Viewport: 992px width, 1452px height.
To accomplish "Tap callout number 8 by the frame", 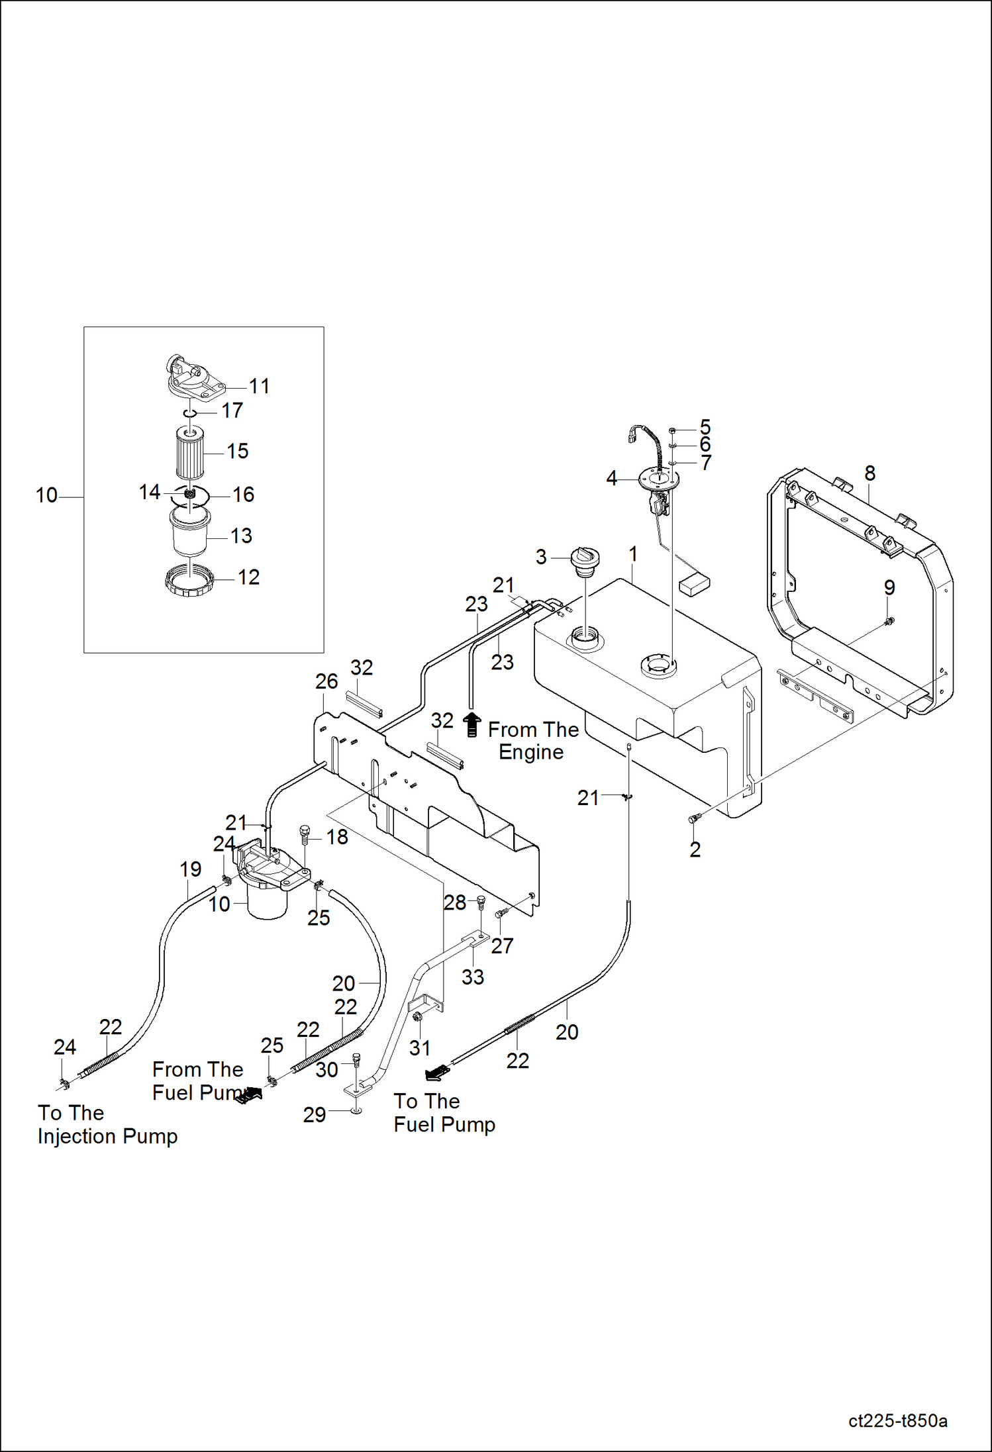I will point(869,473).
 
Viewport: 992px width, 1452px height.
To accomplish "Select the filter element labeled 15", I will point(190,454).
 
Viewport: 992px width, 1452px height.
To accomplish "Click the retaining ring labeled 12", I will point(189,580).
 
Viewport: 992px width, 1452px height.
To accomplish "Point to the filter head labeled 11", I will point(192,379).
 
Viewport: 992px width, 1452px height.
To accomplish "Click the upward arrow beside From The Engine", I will point(471,724).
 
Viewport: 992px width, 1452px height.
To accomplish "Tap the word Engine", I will point(530,752).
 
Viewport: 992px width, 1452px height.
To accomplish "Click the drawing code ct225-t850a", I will point(897,1421).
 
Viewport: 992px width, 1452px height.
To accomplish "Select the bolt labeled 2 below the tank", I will point(694,818).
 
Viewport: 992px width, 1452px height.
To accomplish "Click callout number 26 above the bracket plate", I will point(326,681).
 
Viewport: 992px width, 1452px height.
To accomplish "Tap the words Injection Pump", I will point(107,1136).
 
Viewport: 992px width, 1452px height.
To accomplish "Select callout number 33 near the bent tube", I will point(473,977).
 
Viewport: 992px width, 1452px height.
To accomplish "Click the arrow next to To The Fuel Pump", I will point(437,1071).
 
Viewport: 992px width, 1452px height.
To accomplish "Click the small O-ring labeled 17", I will point(190,413).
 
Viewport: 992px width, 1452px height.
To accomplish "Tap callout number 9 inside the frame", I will point(889,587).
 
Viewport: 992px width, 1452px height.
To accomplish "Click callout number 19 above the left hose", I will point(191,869).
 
